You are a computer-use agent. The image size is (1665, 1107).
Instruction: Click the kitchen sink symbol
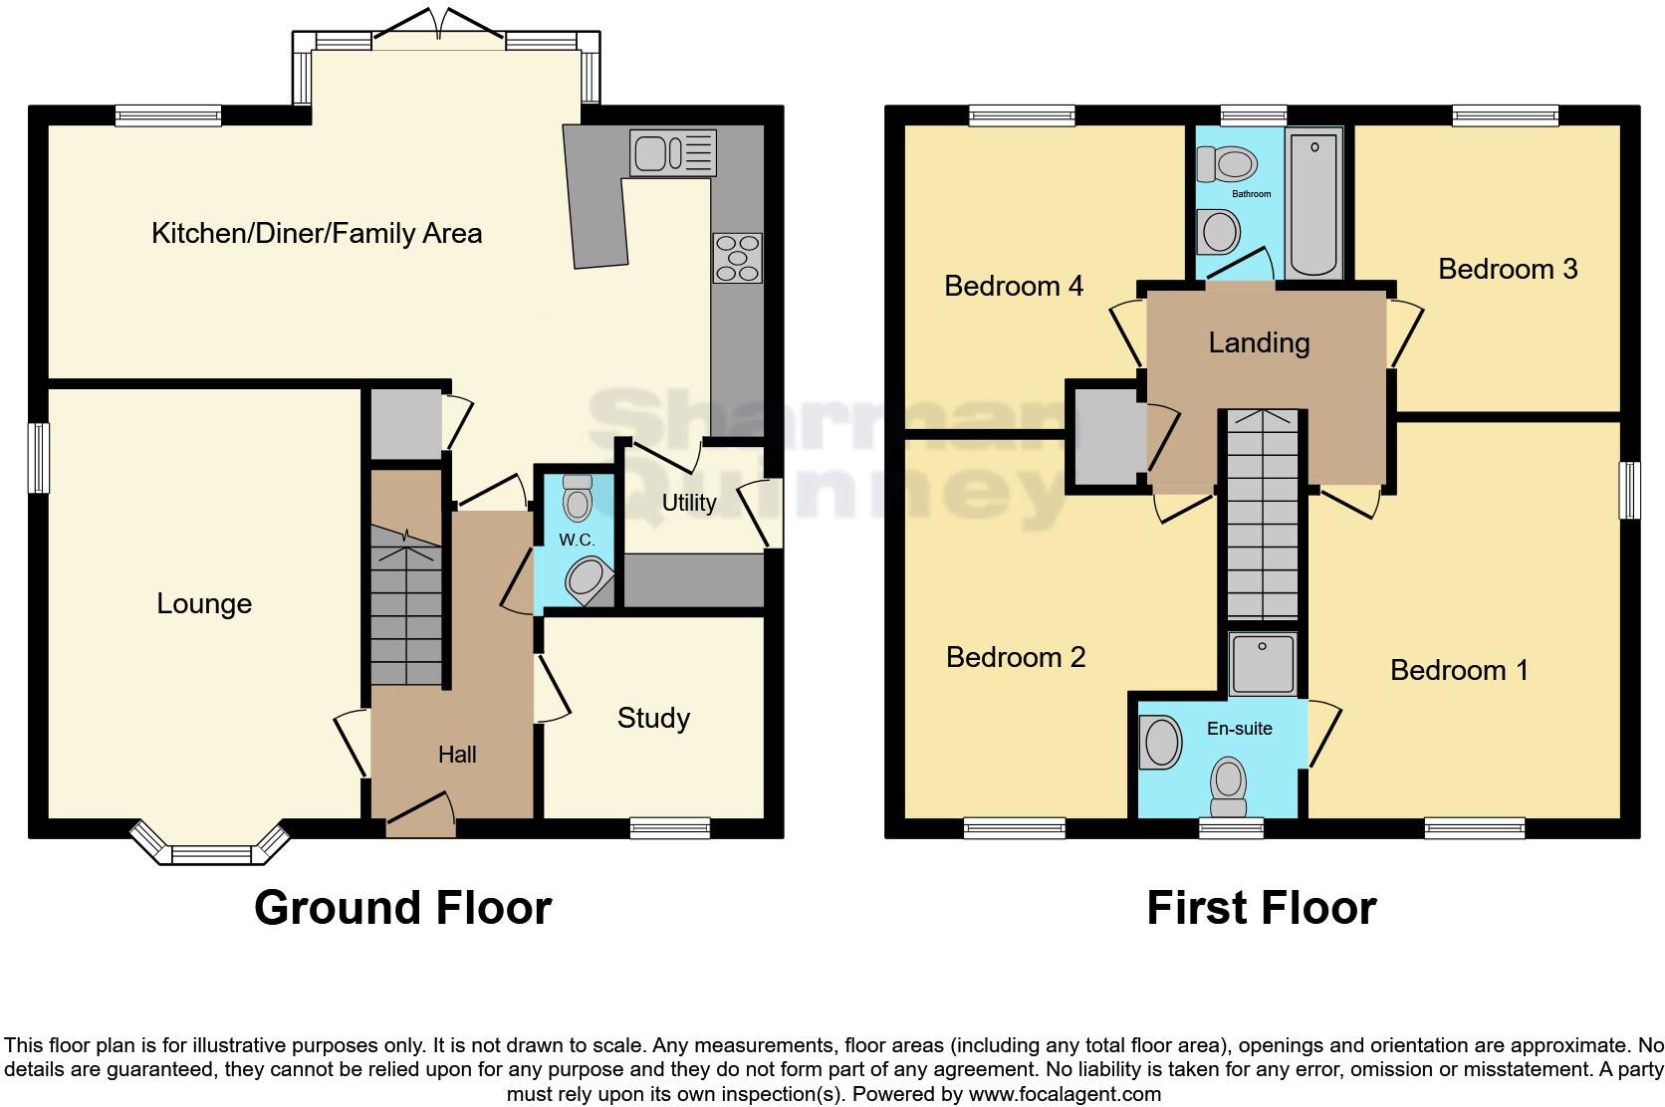click(x=672, y=153)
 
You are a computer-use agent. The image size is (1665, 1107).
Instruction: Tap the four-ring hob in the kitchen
click(x=737, y=257)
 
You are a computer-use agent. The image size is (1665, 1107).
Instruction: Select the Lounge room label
click(x=204, y=603)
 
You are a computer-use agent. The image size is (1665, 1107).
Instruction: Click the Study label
click(x=653, y=718)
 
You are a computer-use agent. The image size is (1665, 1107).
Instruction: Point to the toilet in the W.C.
click(x=577, y=499)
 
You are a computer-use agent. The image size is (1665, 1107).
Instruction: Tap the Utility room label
click(x=689, y=503)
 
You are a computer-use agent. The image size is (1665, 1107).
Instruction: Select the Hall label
click(x=457, y=755)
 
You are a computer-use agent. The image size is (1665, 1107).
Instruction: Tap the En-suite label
click(x=1239, y=729)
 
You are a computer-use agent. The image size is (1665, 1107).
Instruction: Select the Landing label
click(x=1259, y=342)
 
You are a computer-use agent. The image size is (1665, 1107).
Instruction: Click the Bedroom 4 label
click(x=1013, y=286)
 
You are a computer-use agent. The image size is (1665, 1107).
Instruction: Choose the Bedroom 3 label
click(x=1508, y=269)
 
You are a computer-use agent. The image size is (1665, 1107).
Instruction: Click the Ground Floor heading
click(x=402, y=907)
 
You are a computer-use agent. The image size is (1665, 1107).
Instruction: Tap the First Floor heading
click(x=1261, y=907)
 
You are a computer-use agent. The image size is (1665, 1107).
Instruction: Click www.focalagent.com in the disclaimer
click(x=1065, y=1094)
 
